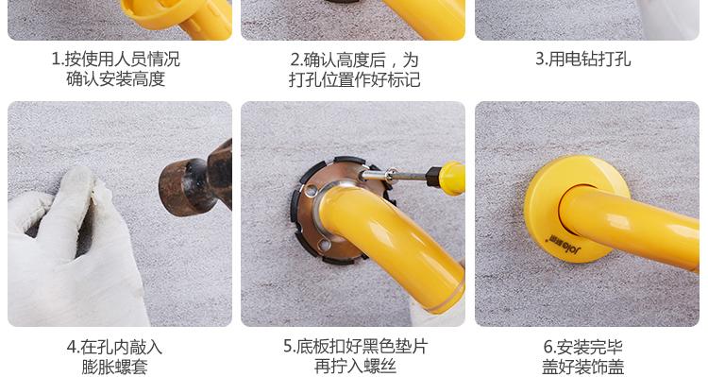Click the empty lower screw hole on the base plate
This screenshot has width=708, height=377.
coord(324,245)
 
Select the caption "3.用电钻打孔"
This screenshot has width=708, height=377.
coord(583,60)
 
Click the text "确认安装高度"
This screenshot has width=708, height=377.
coord(116,78)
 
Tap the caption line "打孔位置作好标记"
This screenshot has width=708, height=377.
coord(354,79)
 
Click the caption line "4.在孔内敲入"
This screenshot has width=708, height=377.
coord(114,347)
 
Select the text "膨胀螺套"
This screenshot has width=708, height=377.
coord(114,367)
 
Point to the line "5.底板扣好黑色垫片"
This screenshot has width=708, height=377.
coord(355,346)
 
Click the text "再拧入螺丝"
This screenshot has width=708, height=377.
coord(355,366)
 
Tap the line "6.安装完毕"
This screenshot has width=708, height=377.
coord(583,347)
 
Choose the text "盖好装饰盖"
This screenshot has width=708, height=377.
coord(583,367)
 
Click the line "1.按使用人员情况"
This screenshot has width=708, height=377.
coord(116,60)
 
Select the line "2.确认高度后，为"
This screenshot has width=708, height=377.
coord(354,60)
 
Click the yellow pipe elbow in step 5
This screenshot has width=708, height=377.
coord(388,235)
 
